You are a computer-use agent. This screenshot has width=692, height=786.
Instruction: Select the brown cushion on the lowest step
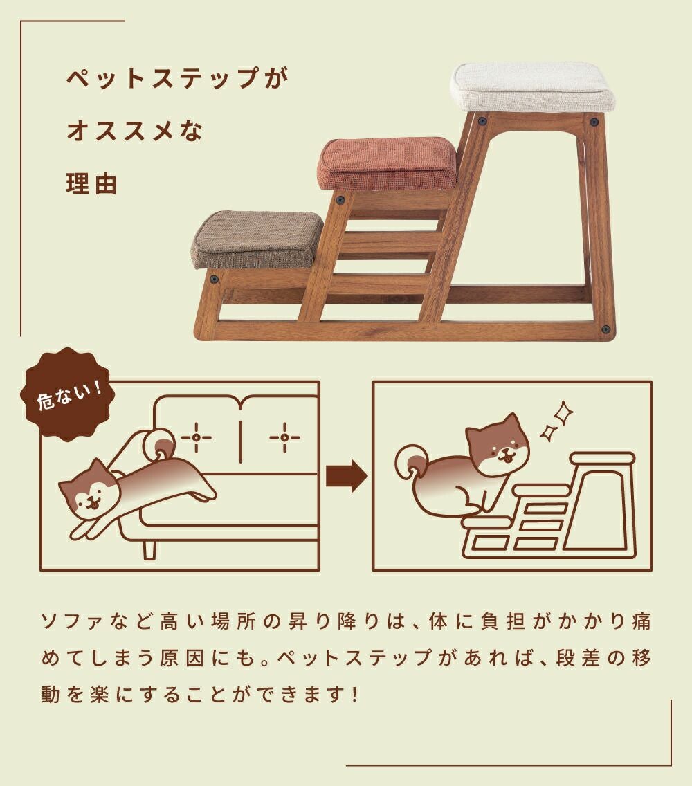point(257,239)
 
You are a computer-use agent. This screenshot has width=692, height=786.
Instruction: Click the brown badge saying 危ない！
point(69,395)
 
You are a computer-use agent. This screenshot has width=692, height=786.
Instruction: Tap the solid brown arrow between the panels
point(347,476)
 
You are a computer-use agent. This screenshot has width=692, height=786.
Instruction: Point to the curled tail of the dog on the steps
point(409,462)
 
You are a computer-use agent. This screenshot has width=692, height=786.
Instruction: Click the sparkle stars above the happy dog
point(556,421)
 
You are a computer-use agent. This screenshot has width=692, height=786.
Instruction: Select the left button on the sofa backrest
point(196,437)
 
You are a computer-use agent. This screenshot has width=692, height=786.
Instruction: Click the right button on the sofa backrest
point(284,437)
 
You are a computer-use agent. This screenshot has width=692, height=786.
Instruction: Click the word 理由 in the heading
point(92,184)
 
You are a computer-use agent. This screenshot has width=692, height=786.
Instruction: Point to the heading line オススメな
point(134,131)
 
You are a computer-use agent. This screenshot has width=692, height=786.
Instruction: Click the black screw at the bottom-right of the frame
point(605,329)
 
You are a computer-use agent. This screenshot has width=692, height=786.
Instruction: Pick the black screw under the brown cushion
point(214,279)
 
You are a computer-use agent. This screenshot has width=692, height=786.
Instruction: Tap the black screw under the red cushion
point(340,199)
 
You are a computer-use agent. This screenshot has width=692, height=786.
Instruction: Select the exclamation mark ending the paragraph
point(355,694)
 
